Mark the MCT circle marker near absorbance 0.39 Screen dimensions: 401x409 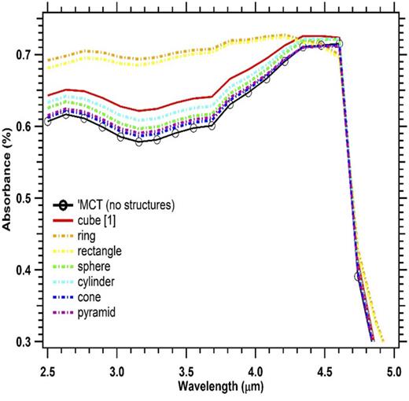(x=358, y=277)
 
